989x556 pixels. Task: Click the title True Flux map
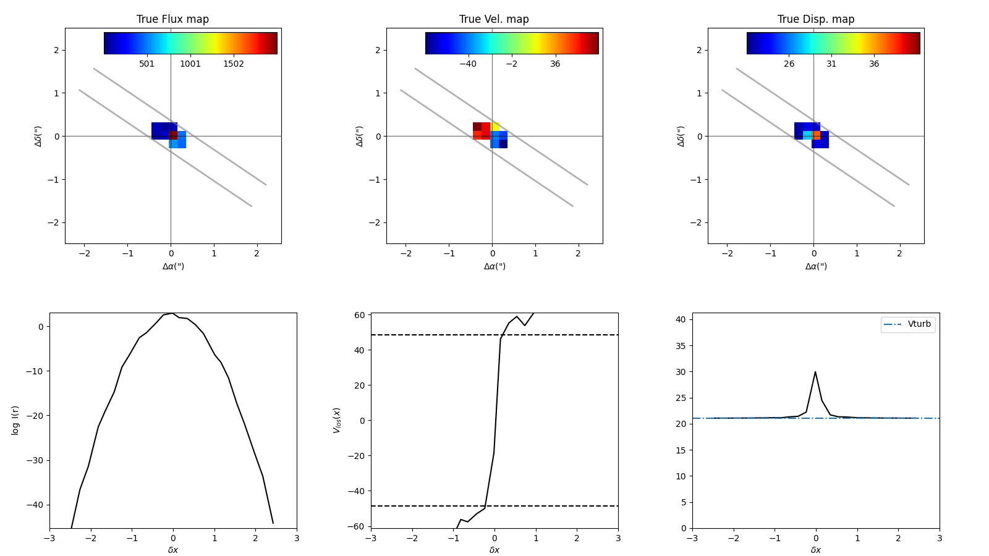(172, 19)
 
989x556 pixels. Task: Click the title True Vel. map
(494, 19)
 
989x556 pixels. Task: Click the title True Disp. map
(816, 19)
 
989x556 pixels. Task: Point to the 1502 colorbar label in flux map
(234, 64)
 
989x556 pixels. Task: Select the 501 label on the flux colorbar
(147, 64)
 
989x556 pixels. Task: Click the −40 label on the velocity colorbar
(468, 64)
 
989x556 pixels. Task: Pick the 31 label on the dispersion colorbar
(831, 64)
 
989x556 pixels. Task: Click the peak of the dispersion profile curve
(815, 372)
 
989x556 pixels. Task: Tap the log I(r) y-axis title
(15, 420)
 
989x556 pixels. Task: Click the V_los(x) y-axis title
(337, 420)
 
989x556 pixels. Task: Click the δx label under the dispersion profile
(816, 550)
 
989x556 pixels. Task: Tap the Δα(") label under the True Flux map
(173, 266)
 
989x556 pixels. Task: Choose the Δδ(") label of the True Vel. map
(360, 136)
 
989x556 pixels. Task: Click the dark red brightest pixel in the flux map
(173, 135)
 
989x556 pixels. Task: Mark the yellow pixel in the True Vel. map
(495, 127)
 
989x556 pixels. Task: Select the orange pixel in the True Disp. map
(817, 135)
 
